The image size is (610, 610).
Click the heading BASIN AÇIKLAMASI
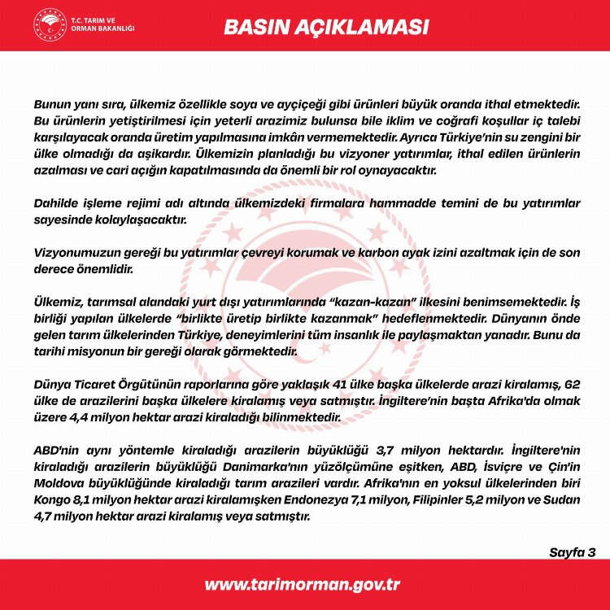325,26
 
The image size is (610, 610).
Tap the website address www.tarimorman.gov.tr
302,585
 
